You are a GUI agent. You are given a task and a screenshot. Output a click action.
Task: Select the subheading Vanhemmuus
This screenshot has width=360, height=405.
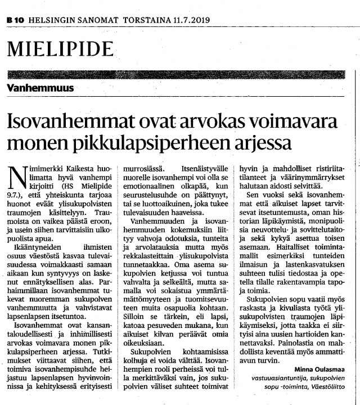click(40, 88)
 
